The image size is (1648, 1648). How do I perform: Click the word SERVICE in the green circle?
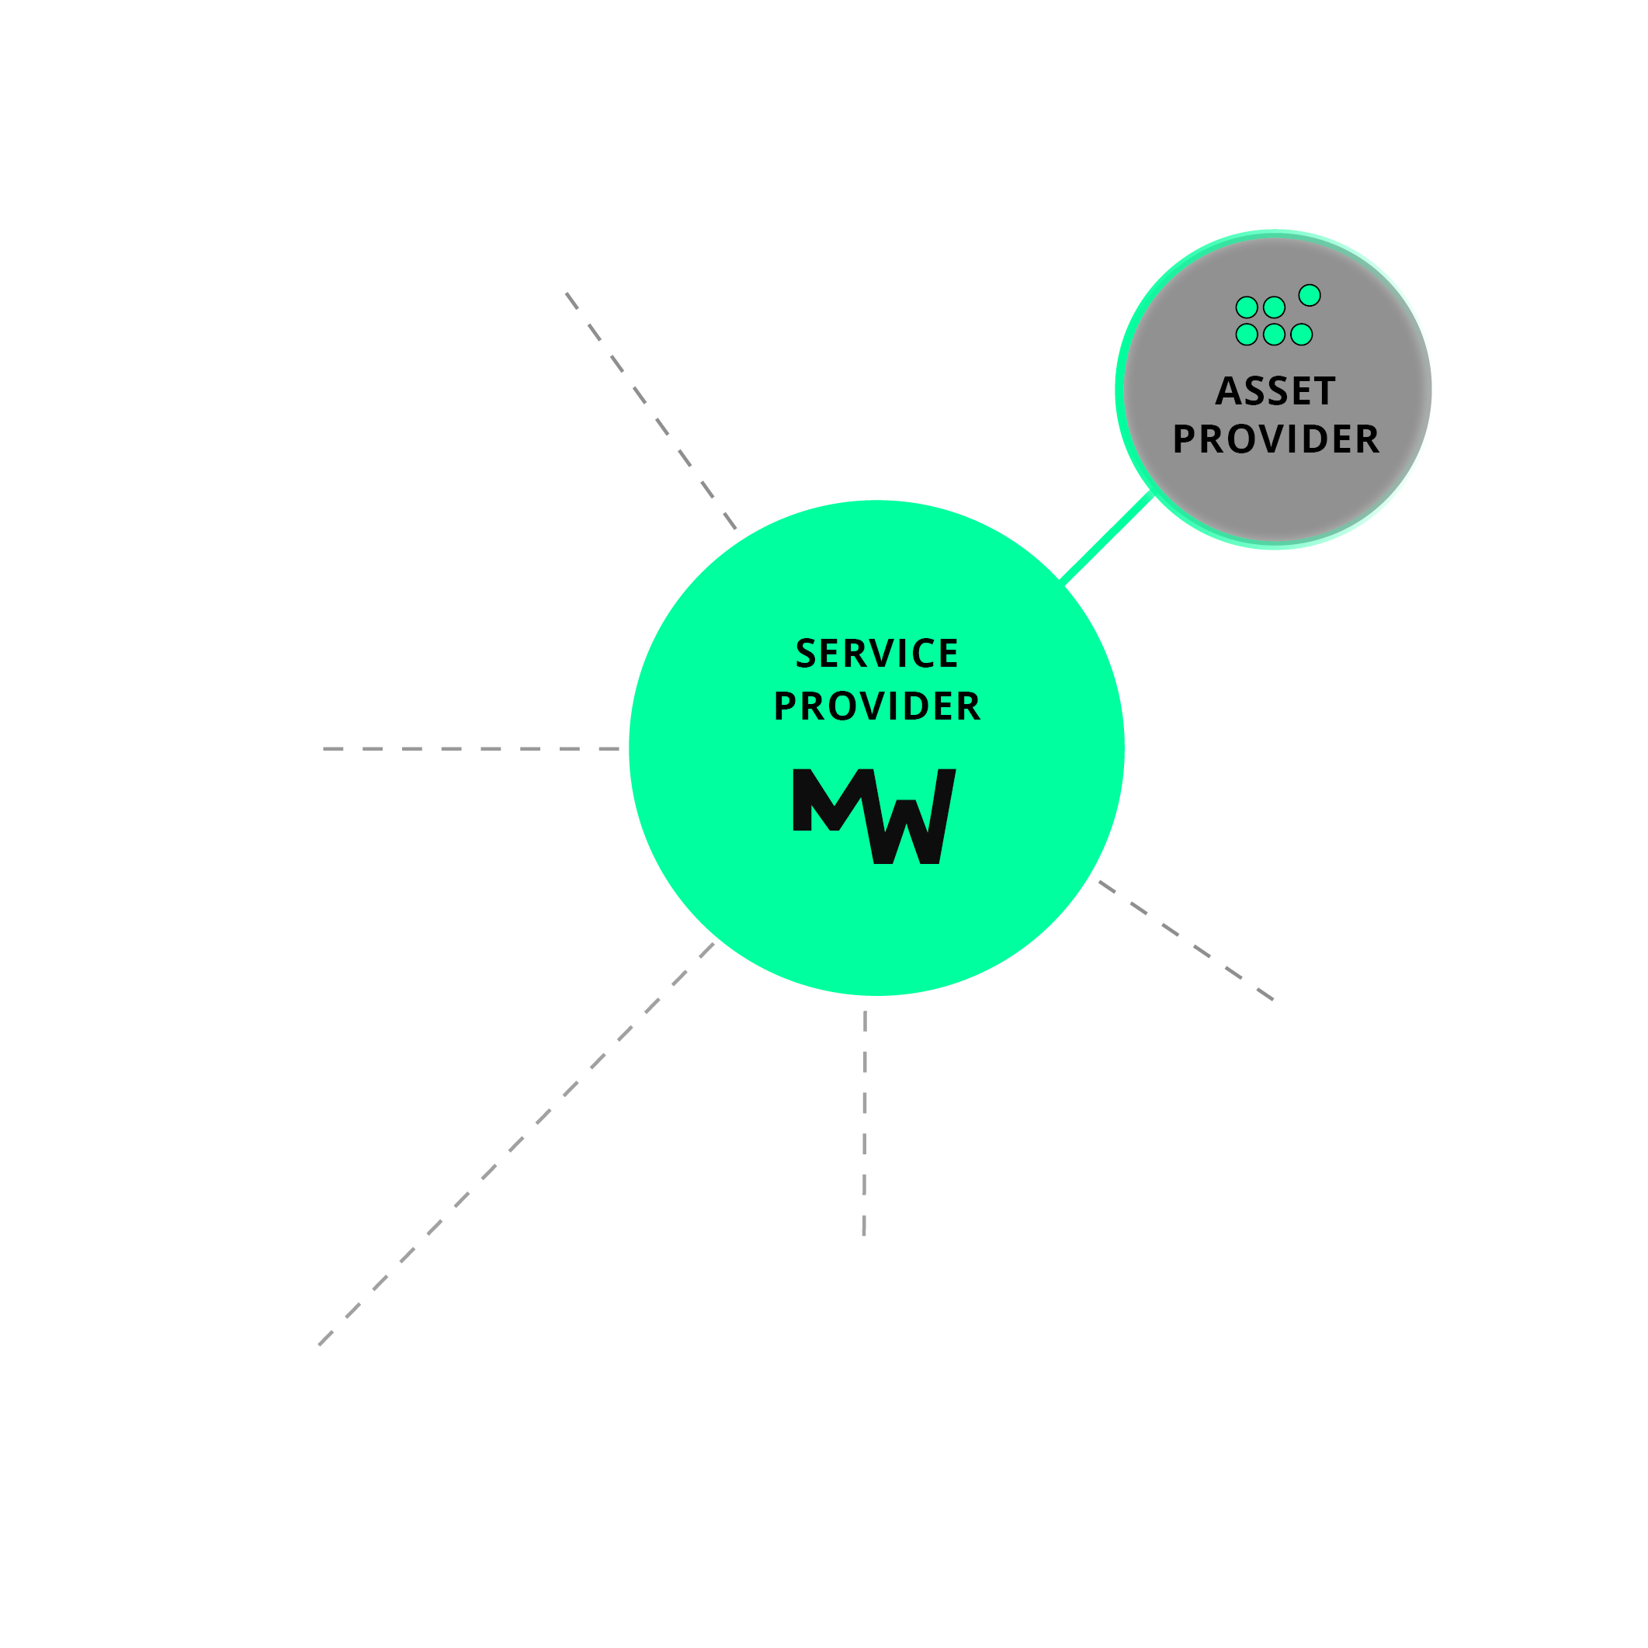877,654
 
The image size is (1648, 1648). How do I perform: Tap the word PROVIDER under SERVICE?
877,706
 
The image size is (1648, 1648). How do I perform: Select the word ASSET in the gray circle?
1275,391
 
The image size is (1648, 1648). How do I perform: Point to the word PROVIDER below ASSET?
1275,439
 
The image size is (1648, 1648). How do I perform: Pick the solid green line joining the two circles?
1106,537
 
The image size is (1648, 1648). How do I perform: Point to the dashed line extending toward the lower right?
1185,940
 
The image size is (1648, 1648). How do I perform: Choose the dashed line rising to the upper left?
651,411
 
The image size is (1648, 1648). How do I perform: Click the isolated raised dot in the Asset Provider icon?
1310,295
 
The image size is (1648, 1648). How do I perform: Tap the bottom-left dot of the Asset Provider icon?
1246,335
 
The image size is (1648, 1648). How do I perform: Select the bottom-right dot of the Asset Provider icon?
1302,335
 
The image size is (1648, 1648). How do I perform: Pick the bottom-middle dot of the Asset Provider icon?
1275,335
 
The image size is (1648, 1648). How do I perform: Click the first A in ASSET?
1228,391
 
